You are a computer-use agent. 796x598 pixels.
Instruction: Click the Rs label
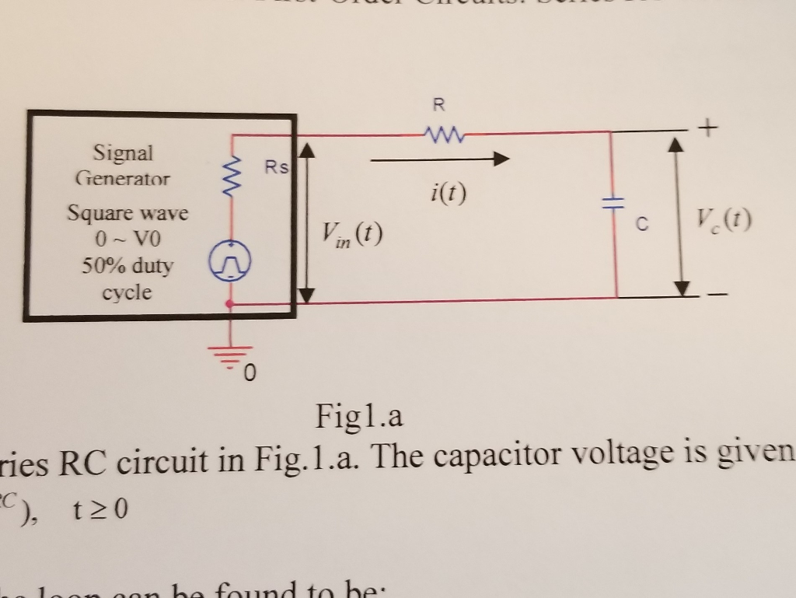[275, 167]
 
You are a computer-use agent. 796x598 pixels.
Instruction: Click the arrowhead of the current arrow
[500, 159]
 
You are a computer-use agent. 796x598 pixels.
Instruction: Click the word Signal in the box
[123, 152]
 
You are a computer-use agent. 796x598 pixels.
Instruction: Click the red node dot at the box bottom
[229, 304]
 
